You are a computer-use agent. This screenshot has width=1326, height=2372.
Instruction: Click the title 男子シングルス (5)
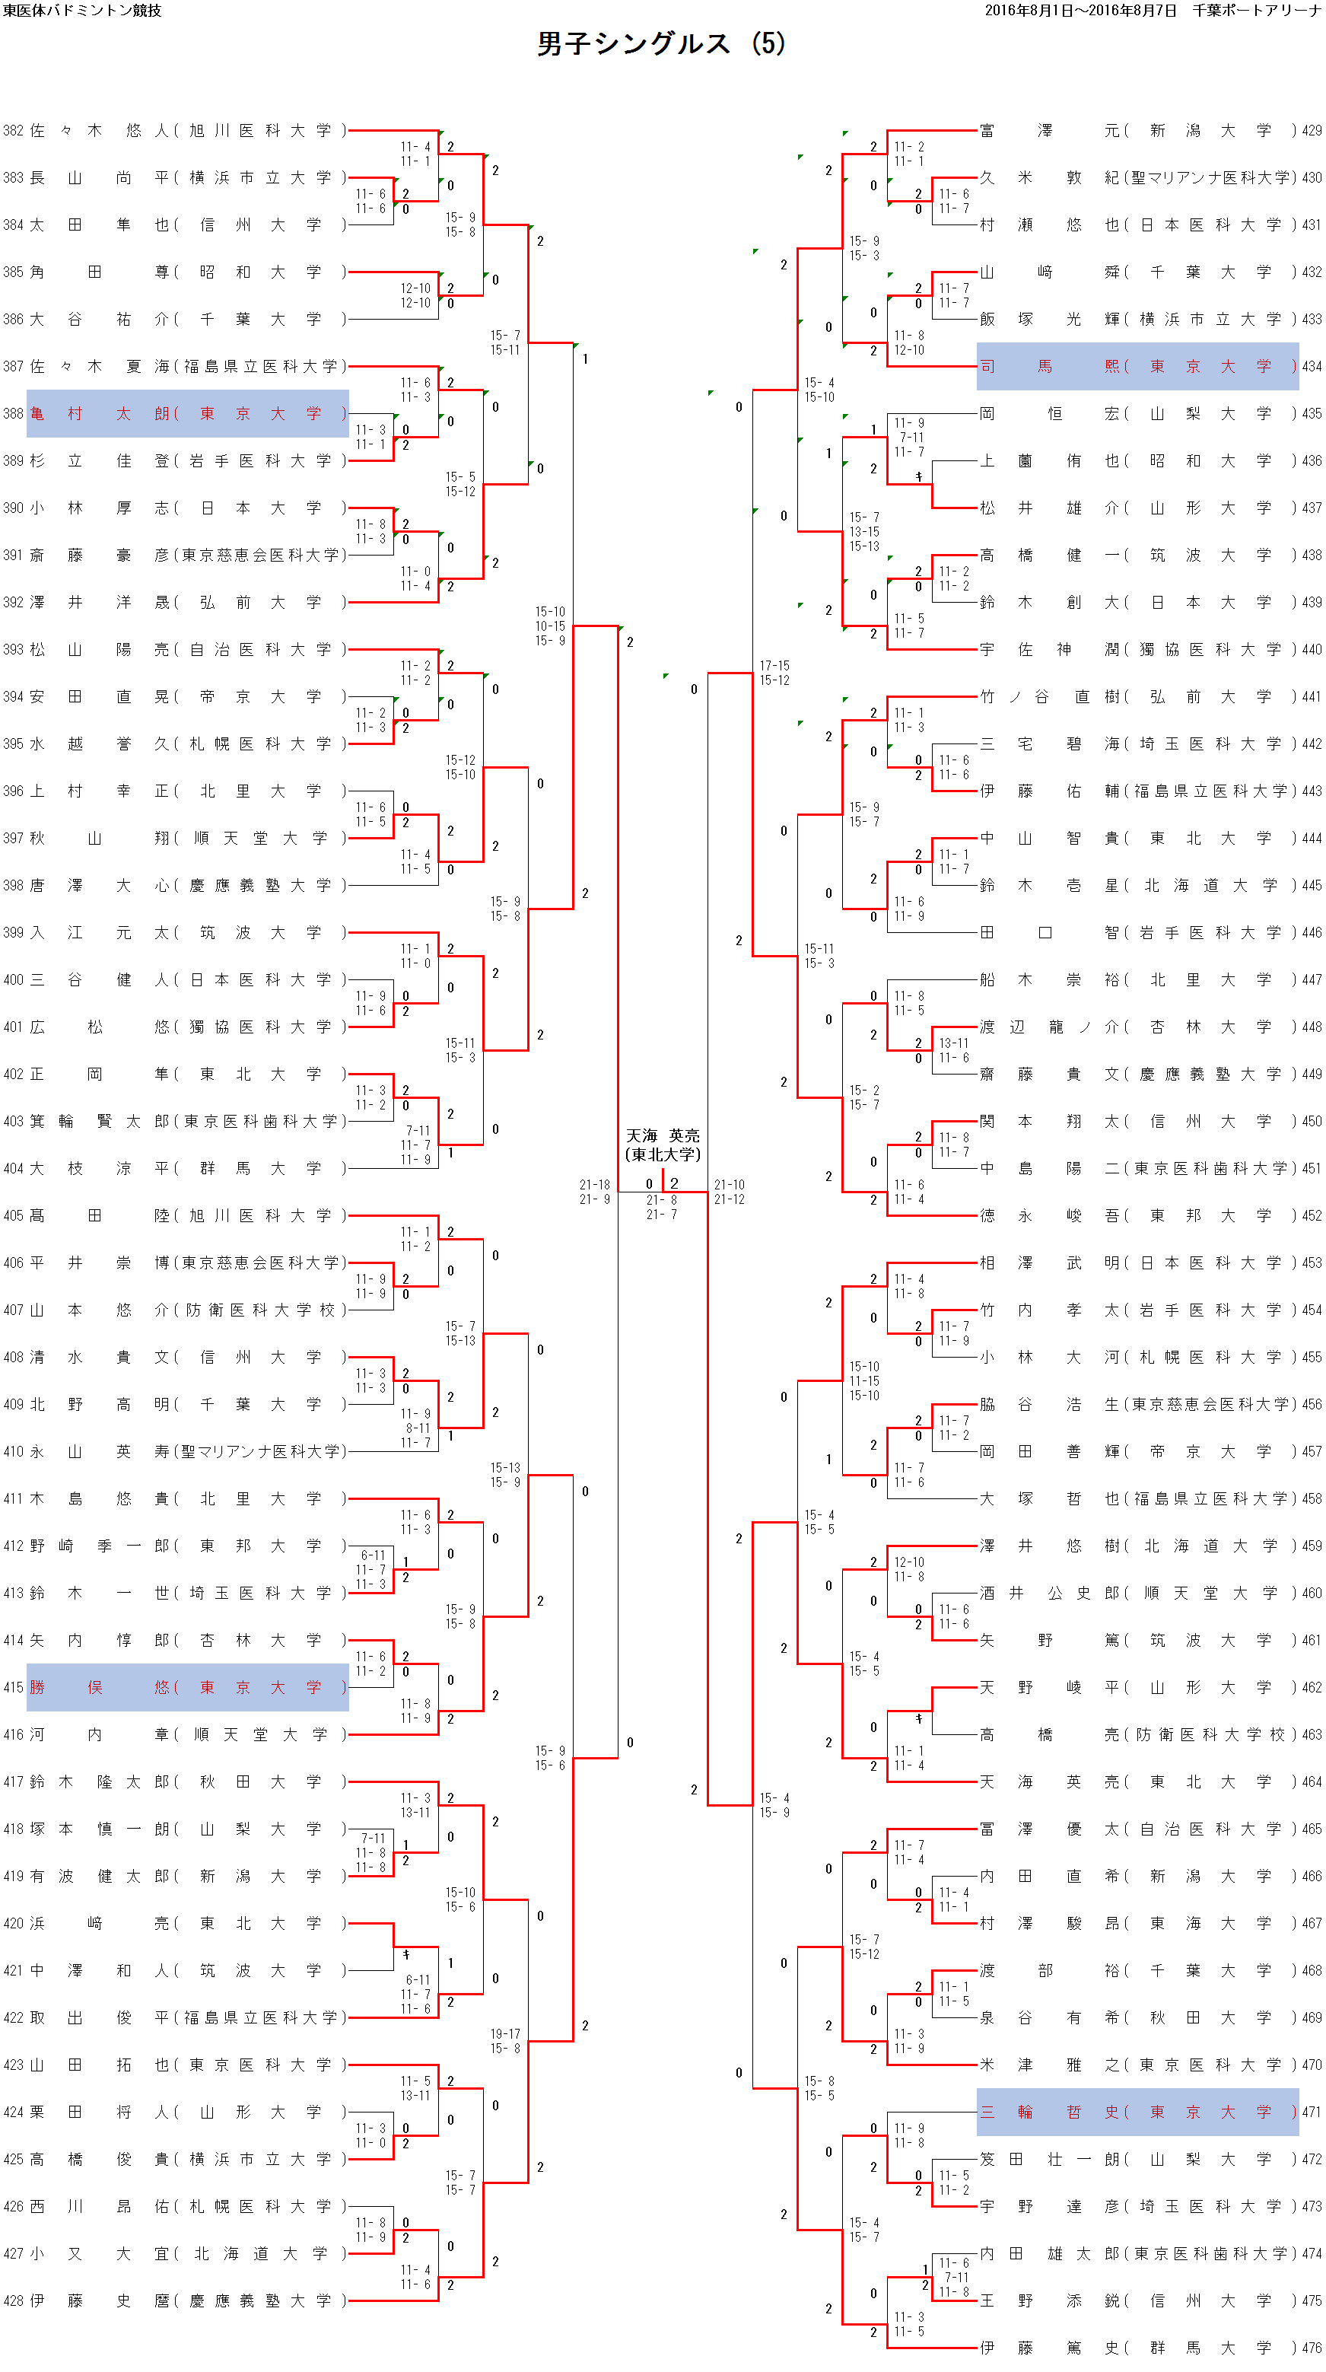tap(660, 43)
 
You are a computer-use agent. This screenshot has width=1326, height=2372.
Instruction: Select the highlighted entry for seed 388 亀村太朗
tap(188, 413)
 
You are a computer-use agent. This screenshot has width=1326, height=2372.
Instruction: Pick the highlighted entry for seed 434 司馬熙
tap(1137, 367)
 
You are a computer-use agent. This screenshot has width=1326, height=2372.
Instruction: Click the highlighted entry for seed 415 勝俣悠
tap(188, 1687)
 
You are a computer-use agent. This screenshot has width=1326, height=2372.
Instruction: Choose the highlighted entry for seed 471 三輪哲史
tap(1137, 2112)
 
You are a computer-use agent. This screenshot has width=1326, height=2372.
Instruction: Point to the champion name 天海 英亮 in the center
tap(663, 1135)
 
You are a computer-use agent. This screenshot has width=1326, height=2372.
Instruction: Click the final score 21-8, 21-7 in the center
tap(661, 1207)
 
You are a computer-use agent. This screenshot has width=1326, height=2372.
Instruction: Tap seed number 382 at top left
tap(13, 131)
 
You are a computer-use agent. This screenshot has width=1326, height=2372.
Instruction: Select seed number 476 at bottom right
tap(1312, 2347)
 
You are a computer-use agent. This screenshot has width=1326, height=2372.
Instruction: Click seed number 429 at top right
tap(1312, 131)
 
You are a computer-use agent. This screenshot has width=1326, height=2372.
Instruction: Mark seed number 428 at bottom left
tap(13, 2300)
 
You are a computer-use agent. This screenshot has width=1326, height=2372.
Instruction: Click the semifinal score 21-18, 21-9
tap(594, 1192)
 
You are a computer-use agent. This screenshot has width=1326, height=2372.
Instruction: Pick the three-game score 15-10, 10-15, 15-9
tap(550, 626)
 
